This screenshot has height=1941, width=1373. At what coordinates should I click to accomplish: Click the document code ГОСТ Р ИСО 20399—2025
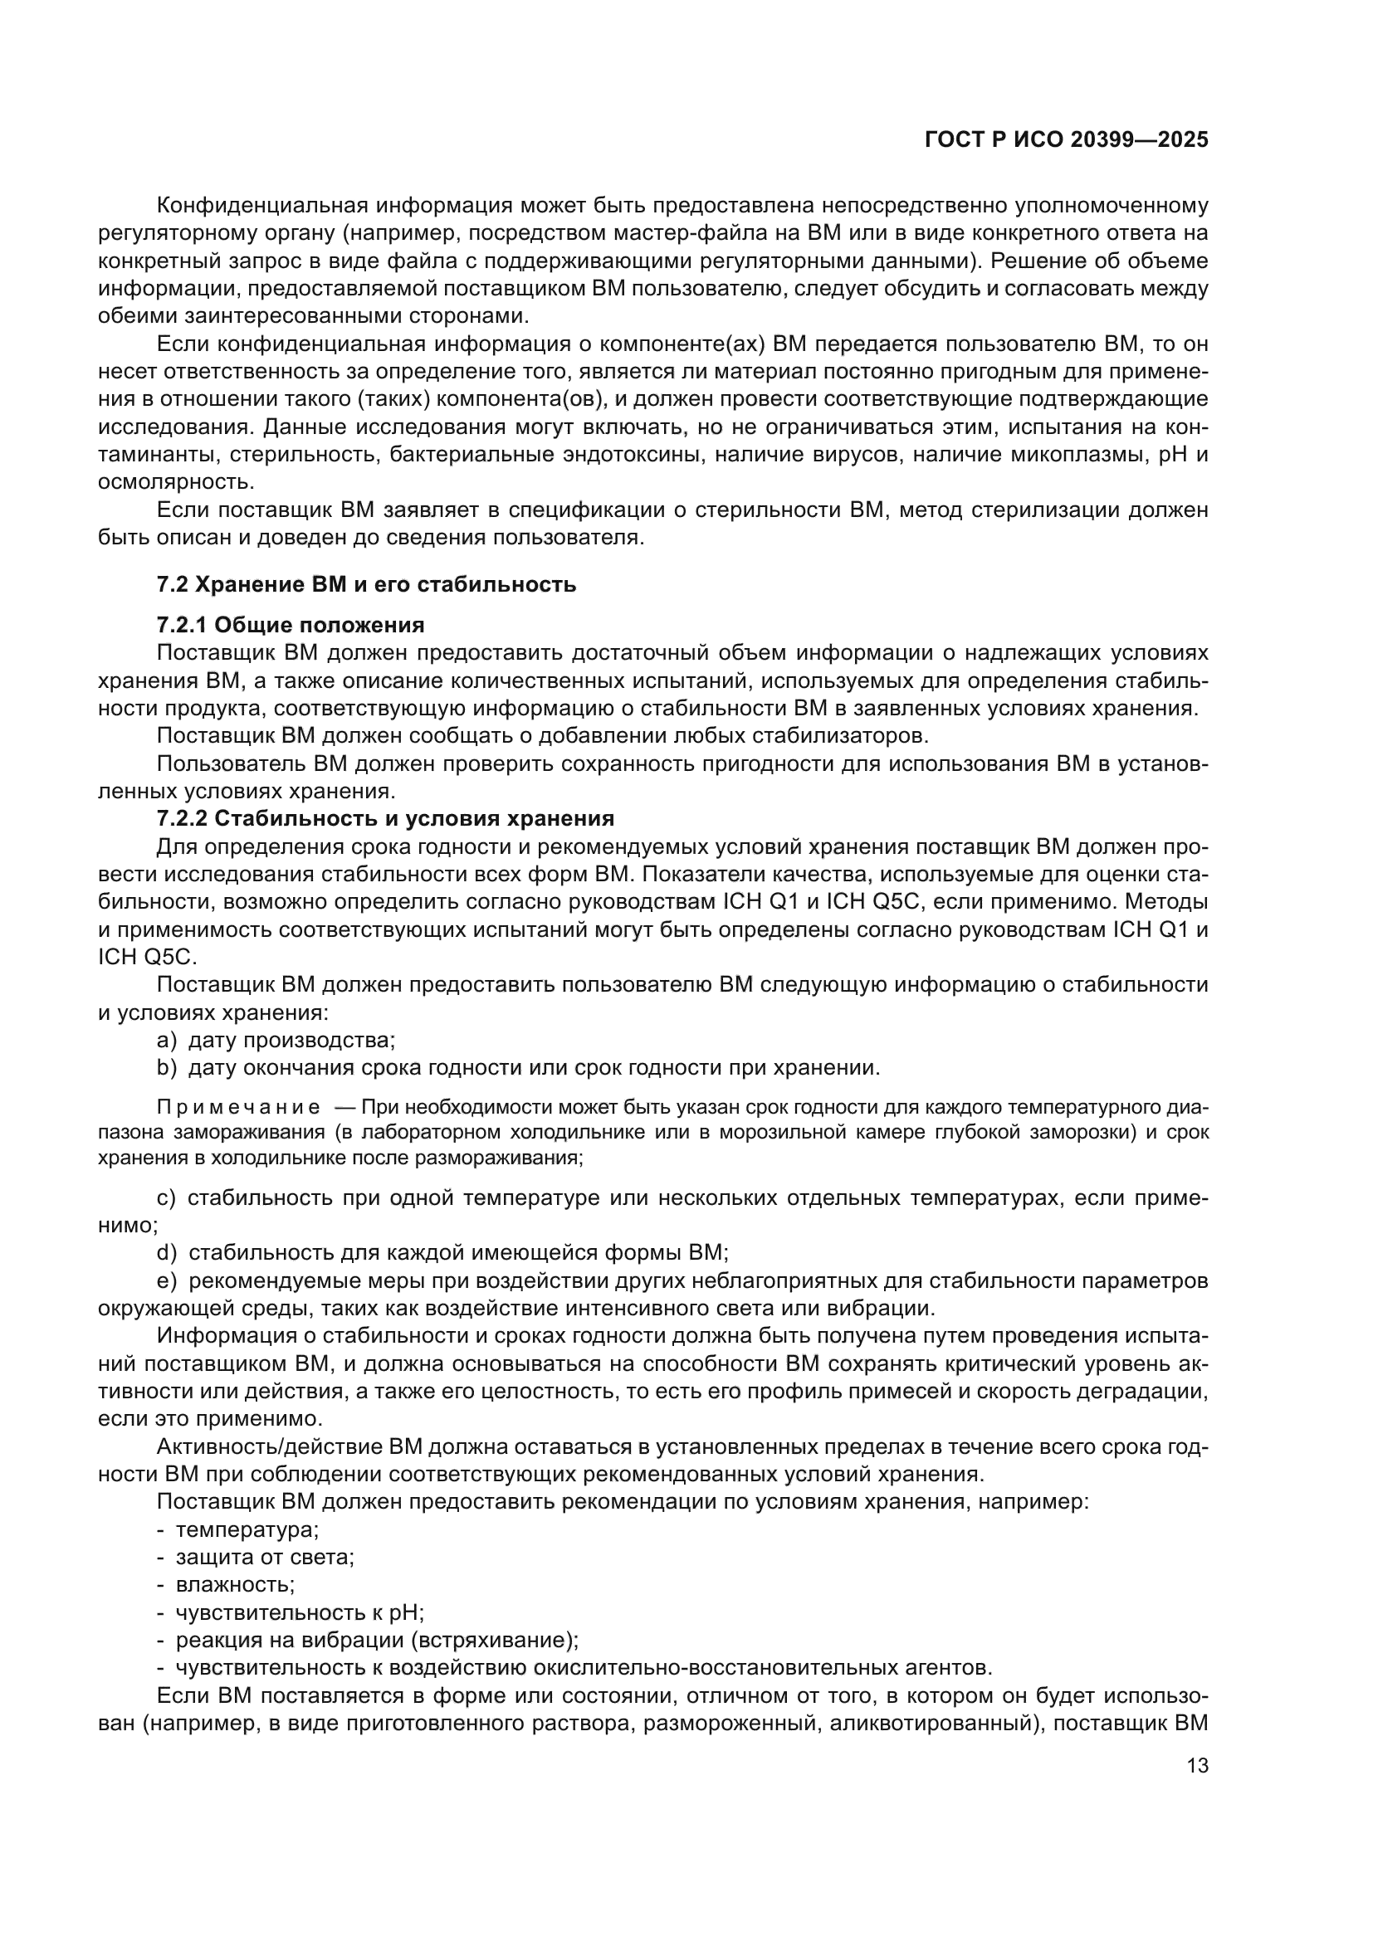tap(1067, 140)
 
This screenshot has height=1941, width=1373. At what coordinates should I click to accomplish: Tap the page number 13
tap(1197, 1765)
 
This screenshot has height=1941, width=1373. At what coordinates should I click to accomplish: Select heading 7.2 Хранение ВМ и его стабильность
tap(366, 584)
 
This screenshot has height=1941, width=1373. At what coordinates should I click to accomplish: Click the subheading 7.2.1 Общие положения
tap(290, 625)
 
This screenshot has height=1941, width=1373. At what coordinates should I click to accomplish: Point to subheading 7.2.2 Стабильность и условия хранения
tap(384, 818)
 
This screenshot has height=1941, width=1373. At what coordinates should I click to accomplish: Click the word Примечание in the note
tap(238, 1108)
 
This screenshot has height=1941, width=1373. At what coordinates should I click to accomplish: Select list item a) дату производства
tap(276, 1040)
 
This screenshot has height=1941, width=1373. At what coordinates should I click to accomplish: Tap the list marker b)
tap(166, 1068)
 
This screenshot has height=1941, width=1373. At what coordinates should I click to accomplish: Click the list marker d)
tap(166, 1252)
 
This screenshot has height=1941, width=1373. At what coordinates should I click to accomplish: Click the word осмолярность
tap(175, 482)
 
